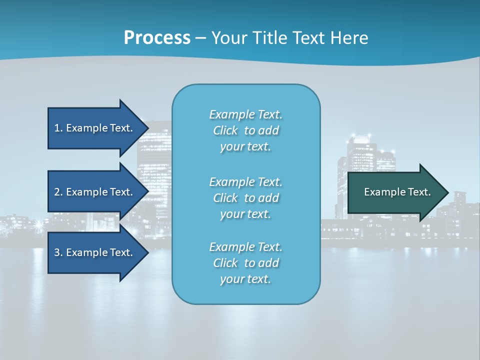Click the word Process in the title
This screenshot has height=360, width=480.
click(x=157, y=38)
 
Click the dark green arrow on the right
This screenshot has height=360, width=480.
click(x=395, y=192)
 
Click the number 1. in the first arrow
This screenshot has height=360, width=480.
click(x=58, y=128)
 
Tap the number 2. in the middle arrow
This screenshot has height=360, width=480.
click(x=58, y=192)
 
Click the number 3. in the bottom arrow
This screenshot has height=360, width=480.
click(x=58, y=252)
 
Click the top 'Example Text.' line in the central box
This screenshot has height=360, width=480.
click(x=246, y=114)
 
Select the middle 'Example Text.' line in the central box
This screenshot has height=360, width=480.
click(x=246, y=182)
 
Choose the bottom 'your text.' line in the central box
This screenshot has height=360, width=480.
click(x=246, y=279)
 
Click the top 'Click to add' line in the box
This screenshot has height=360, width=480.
click(x=246, y=130)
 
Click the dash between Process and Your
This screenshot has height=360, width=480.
click(x=200, y=38)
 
